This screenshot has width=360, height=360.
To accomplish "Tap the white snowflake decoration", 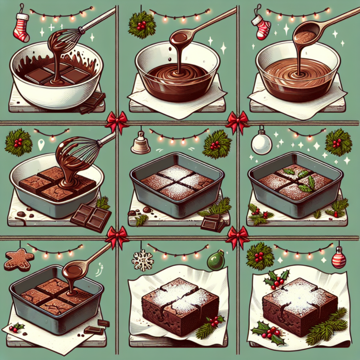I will (143, 260).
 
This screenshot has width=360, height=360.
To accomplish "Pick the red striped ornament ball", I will (338, 257).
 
